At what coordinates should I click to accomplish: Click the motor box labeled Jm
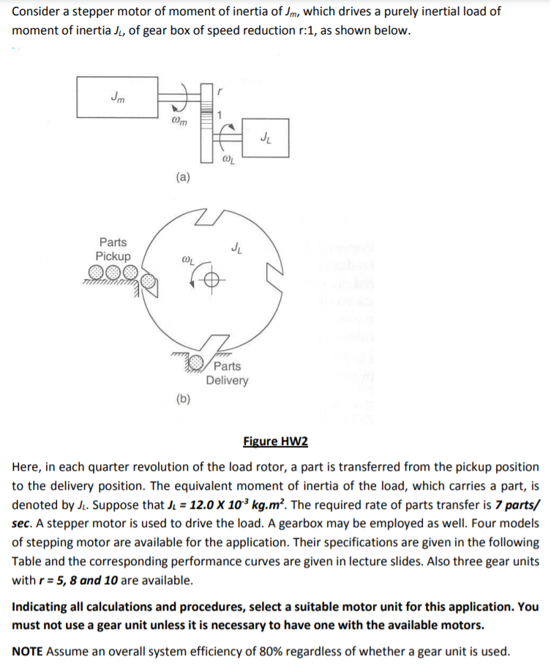pos(117,97)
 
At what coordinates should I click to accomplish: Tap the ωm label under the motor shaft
pos(178,122)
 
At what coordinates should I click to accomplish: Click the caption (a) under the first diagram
pos(184,176)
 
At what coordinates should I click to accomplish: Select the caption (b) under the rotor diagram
pos(184,398)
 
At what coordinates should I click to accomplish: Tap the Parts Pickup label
pos(113,249)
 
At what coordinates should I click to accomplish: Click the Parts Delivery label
pos(227,373)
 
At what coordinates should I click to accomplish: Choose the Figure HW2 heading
pos(275,441)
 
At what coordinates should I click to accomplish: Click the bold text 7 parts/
pos(513,505)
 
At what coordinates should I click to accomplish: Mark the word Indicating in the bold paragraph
pos(42,606)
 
